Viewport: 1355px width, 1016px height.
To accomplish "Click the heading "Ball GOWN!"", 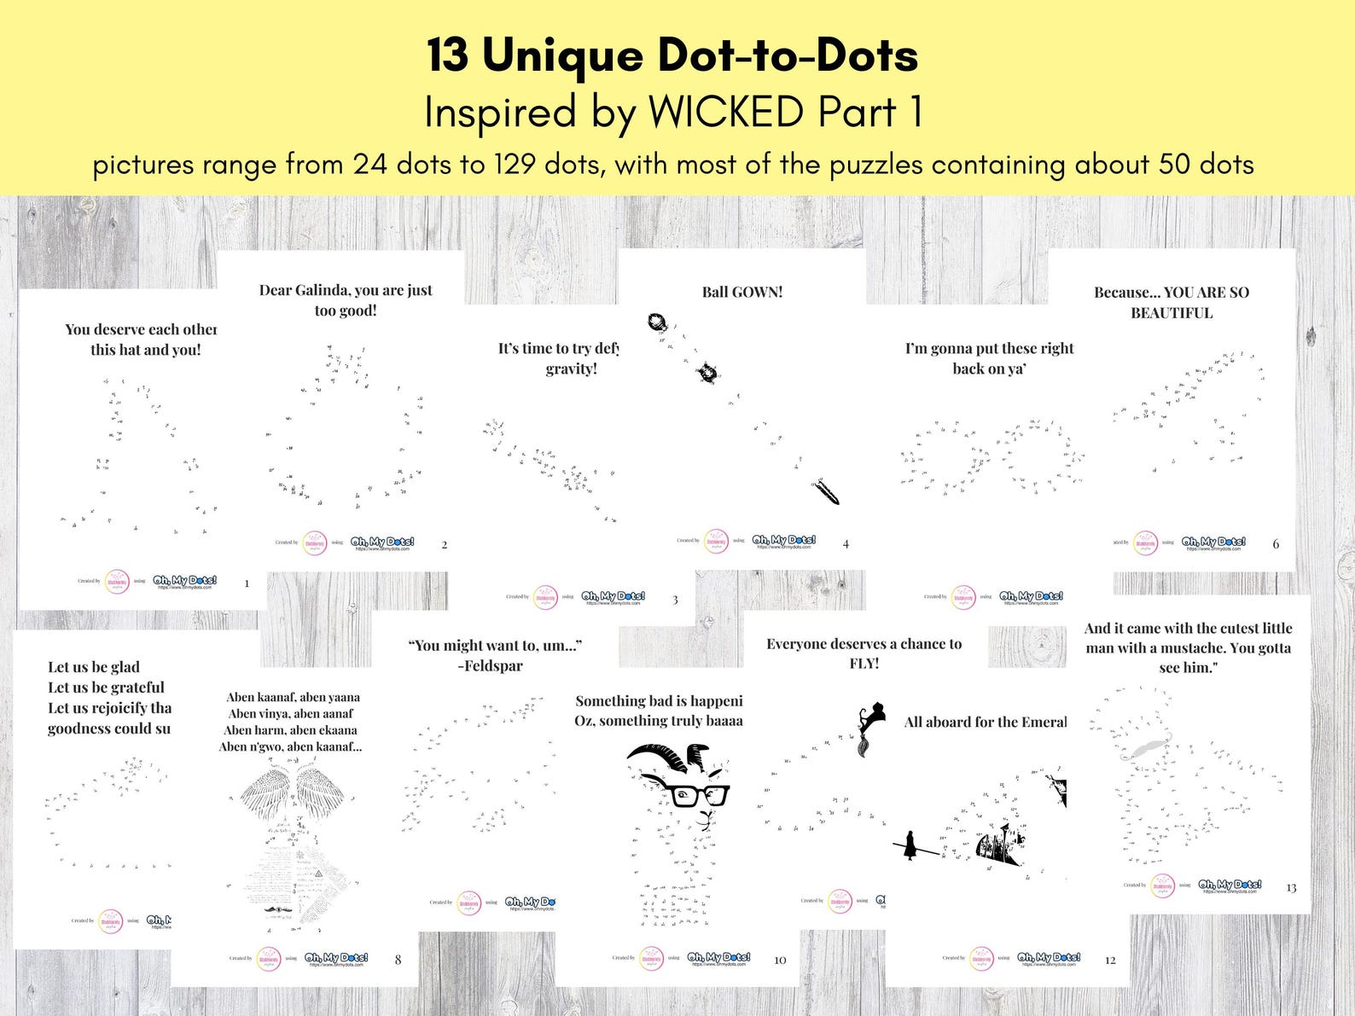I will coord(741,292).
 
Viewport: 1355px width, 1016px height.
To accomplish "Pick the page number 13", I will coord(1291,888).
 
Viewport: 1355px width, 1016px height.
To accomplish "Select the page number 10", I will coord(780,960).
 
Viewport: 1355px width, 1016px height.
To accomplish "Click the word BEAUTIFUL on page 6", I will coord(1172,313).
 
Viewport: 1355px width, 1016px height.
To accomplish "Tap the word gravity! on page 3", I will coord(571,369).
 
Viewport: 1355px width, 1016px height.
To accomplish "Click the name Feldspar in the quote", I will coord(492,666).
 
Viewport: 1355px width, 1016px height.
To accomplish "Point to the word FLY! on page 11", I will coord(864,664).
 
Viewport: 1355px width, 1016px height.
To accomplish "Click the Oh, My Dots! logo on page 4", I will coord(783,541).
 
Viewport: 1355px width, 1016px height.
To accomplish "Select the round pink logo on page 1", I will coord(116,582).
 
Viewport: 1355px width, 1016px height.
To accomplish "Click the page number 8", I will coord(398,960).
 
